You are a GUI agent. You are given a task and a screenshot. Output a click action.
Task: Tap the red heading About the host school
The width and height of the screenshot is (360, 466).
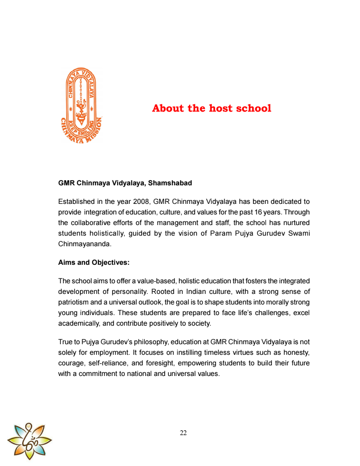(x=211, y=108)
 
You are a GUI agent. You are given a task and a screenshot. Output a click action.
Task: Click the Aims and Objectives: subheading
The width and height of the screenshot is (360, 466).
(x=94, y=262)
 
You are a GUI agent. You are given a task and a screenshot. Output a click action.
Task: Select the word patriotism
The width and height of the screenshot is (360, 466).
(x=75, y=302)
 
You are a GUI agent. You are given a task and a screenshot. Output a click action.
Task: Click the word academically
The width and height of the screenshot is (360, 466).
(x=79, y=323)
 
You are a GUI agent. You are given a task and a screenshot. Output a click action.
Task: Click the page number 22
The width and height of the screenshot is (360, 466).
(x=184, y=433)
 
